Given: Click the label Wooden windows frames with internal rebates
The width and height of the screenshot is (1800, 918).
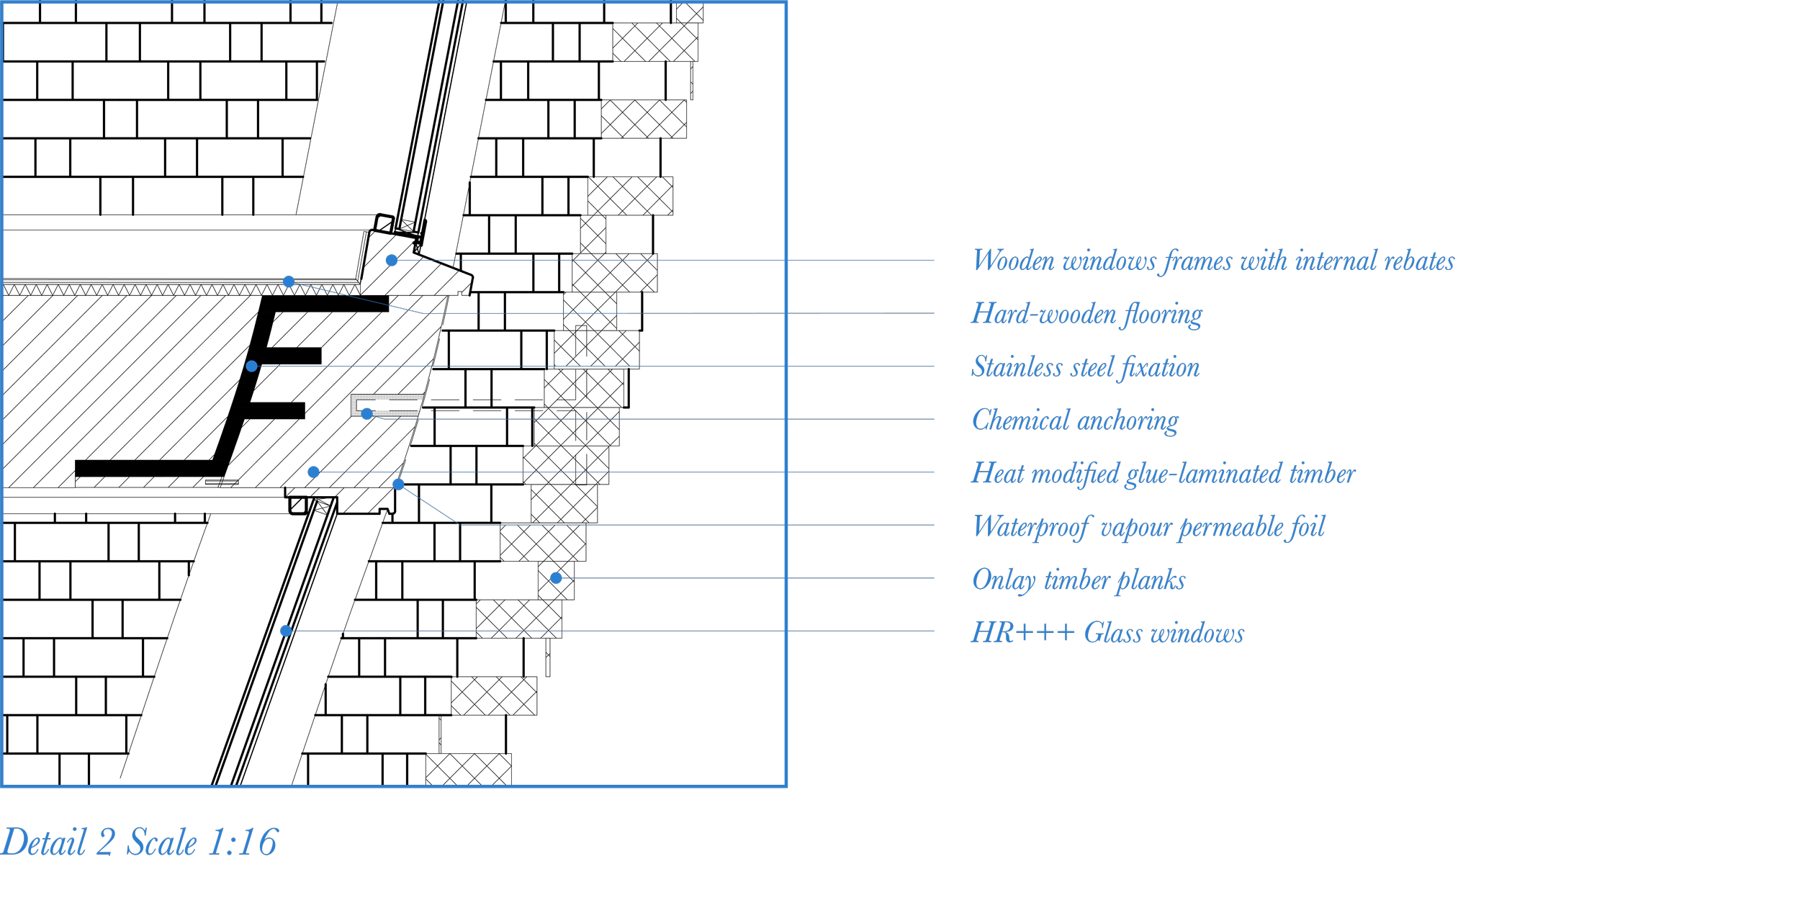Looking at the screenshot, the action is tap(1212, 261).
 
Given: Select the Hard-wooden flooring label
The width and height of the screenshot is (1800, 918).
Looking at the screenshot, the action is tap(1086, 314).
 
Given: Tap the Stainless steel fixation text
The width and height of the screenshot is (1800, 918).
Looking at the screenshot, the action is tap(1085, 367).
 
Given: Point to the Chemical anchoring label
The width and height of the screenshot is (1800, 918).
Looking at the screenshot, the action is tap(1075, 420).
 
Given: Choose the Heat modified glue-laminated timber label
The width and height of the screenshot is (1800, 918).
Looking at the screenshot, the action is tap(1163, 473).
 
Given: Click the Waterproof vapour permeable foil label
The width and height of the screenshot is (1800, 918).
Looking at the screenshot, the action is tap(1148, 526).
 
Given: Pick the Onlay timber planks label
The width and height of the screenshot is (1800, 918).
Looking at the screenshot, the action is tap(1078, 580).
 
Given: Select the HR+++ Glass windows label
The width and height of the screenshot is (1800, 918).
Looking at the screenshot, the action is tap(1107, 633).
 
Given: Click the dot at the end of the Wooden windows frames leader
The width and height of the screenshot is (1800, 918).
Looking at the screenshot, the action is tap(392, 260).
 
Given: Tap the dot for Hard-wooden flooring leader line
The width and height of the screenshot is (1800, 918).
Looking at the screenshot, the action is tap(289, 282).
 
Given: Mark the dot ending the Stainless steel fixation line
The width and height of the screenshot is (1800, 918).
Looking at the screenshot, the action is tap(251, 366).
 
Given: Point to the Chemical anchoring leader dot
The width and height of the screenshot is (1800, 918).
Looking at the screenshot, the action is tap(367, 414).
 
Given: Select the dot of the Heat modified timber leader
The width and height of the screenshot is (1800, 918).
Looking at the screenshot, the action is tap(313, 472).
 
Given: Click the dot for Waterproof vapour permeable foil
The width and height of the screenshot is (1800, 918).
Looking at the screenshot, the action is tap(398, 485).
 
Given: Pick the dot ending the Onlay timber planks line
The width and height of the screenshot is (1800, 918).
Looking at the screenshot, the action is tap(556, 578).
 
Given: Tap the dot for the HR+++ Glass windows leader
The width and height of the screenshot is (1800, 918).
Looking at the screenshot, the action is tap(286, 631).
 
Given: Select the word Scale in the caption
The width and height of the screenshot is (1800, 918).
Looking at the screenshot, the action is tap(161, 842).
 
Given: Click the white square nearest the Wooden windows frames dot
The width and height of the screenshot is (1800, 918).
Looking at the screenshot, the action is tap(384, 224).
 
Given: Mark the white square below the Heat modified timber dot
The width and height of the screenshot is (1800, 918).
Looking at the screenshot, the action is tap(298, 505).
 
